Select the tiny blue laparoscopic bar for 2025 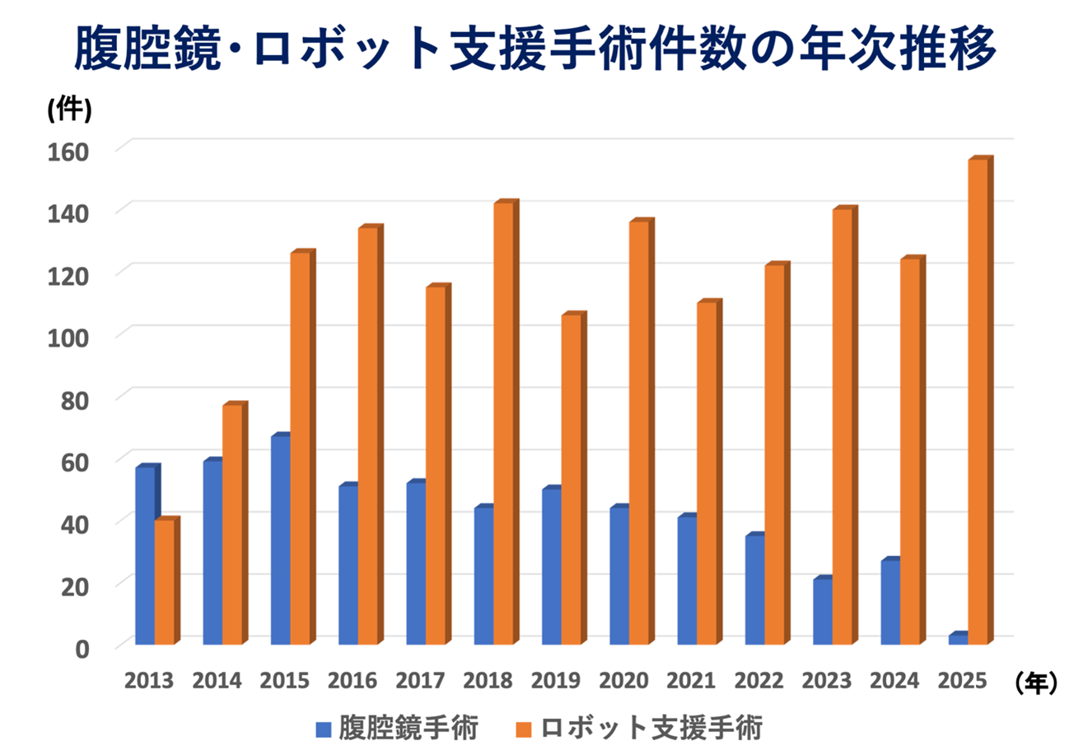pos(957,639)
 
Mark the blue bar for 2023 pos(822,611)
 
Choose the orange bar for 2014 pos(233,524)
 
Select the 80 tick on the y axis pos(76,398)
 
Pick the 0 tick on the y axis pos(83,648)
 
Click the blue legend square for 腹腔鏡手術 pos(324,729)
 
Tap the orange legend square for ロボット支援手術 pos(522,729)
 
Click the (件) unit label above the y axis pos(68,109)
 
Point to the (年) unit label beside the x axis pos(1034,681)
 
